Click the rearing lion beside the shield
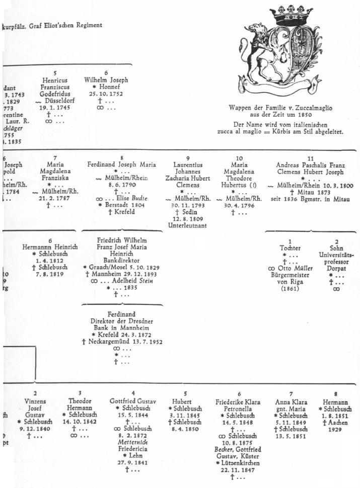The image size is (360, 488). (x=262, y=55)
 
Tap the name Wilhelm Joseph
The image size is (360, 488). (x=106, y=80)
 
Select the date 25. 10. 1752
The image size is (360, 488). (x=106, y=94)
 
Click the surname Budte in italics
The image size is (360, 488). (x=136, y=198)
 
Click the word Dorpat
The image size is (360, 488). (x=336, y=269)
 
